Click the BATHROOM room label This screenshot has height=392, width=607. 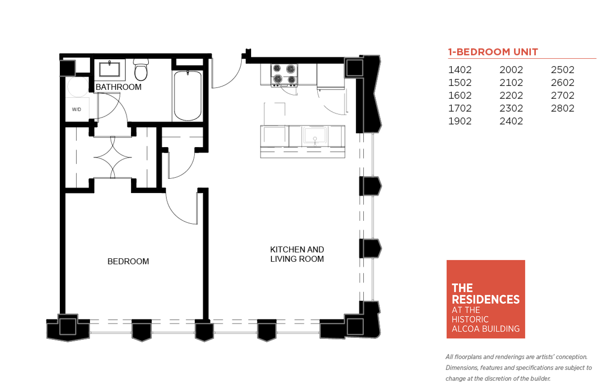pos(119,87)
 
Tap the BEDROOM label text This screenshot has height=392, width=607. pos(128,261)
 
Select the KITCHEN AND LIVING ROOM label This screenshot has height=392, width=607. pos(297,254)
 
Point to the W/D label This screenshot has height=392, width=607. pos(76,109)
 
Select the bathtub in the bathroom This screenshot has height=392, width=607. pos(188,96)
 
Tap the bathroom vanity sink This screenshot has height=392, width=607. pos(110,69)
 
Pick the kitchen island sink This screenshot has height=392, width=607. pos(315,135)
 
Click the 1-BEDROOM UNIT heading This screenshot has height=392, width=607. pos(493,52)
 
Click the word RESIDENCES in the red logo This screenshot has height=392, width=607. pos(485,299)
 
